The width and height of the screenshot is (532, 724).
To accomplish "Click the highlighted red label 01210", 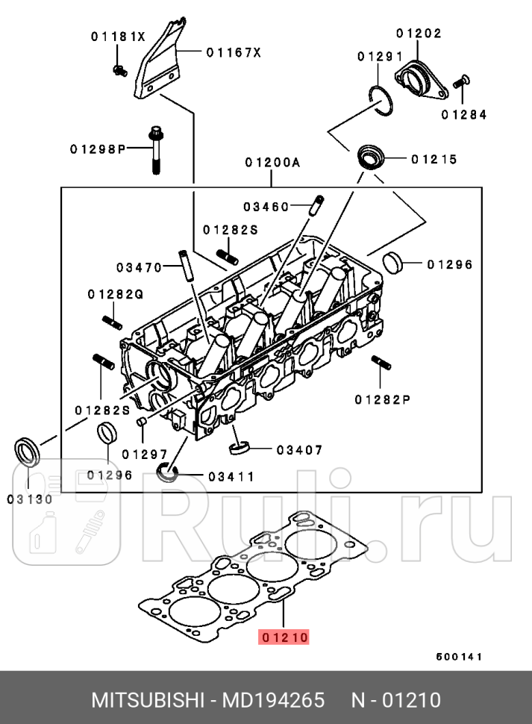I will pos(284,637).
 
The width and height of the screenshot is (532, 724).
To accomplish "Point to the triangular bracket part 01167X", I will pos(160,63).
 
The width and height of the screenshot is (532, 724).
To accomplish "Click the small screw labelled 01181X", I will pos(117,69).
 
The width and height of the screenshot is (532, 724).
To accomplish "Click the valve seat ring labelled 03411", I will pos(167,472).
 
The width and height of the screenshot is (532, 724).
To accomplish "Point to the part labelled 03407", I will pos(237,448).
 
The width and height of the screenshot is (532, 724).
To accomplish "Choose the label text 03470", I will pos(139,266).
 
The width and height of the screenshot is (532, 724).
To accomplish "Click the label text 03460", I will pos(266,207).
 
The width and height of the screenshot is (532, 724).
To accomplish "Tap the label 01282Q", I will pos(115,294).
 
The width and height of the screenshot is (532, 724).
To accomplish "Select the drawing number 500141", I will pos(460,657).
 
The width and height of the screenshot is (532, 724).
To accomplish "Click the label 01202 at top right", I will pos(419,34).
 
